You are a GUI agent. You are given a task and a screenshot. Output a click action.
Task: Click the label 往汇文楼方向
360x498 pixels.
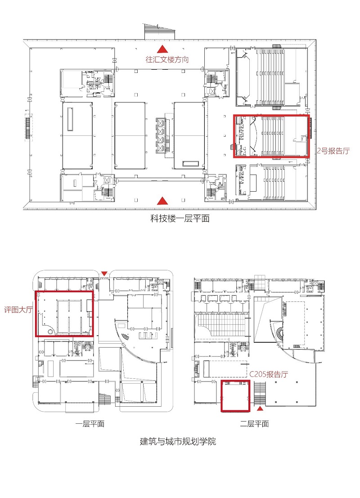[167, 59]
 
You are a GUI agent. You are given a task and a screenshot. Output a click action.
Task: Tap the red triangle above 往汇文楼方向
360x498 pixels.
[162, 49]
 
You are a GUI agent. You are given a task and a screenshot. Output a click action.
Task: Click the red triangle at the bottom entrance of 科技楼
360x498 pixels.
[162, 201]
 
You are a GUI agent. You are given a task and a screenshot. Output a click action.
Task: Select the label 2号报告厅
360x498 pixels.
[333, 151]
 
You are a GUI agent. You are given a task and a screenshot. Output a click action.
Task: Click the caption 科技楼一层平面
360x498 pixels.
[180, 219]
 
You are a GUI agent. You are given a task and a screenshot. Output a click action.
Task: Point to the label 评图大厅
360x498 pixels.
[18, 310]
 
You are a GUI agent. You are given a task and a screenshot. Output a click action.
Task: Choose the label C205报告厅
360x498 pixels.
[269, 374]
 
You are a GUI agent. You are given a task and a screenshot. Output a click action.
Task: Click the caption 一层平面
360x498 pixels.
[90, 424]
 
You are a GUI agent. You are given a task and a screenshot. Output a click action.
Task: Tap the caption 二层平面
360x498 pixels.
[254, 424]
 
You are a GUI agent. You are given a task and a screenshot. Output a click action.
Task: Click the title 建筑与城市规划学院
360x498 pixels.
[178, 441]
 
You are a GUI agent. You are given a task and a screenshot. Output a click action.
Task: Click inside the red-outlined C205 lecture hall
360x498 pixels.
[235, 396]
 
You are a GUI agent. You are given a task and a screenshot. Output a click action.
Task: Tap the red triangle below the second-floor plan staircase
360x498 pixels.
[260, 408]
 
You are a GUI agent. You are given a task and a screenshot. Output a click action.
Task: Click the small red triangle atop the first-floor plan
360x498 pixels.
[104, 274]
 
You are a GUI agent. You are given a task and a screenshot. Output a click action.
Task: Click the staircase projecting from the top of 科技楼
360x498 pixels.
[160, 32]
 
